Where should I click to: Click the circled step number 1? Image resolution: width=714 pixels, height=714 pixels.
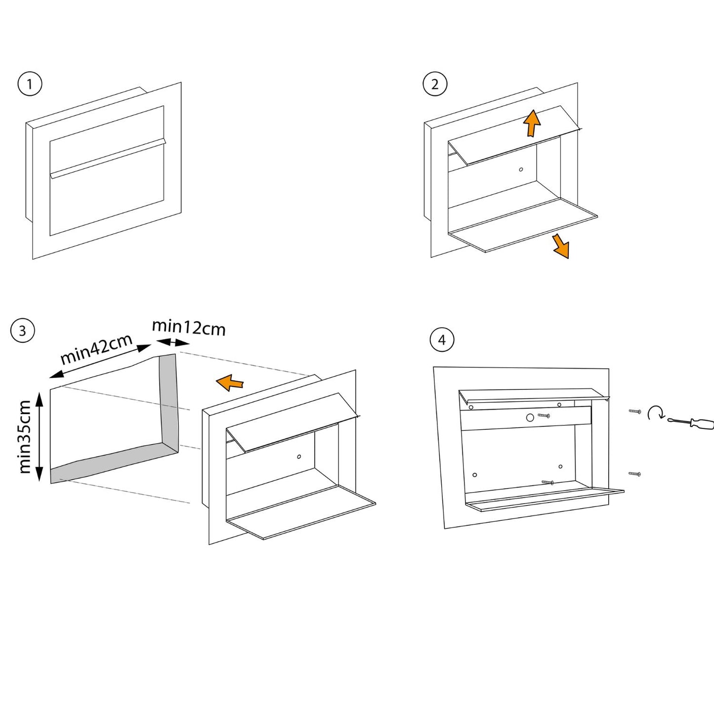pyautogui.click(x=30, y=84)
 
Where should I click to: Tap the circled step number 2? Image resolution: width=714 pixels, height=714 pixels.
pyautogui.click(x=435, y=84)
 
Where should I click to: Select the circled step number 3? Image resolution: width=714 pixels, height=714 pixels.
pyautogui.click(x=22, y=331)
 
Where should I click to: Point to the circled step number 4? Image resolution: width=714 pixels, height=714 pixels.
pyautogui.click(x=442, y=340)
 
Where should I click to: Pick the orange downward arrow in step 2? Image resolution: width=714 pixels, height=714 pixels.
pyautogui.click(x=561, y=246)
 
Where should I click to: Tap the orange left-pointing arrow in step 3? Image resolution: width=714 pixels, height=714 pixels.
pyautogui.click(x=230, y=382)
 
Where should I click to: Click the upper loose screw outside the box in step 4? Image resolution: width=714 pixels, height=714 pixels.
pyautogui.click(x=634, y=411)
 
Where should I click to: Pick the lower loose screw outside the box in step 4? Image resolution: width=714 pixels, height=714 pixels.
pyautogui.click(x=634, y=474)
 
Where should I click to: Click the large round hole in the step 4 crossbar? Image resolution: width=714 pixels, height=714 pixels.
pyautogui.click(x=530, y=418)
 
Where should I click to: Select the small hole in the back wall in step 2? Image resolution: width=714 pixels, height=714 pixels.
pyautogui.click(x=521, y=169)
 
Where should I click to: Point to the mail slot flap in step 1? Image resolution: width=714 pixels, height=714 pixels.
pyautogui.click(x=108, y=158)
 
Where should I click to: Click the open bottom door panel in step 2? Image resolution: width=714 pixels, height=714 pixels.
pyautogui.click(x=524, y=225)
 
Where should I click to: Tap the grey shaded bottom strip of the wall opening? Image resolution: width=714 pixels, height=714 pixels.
pyautogui.click(x=109, y=462)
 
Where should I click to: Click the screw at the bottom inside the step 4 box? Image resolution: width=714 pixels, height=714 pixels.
pyautogui.click(x=547, y=482)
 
